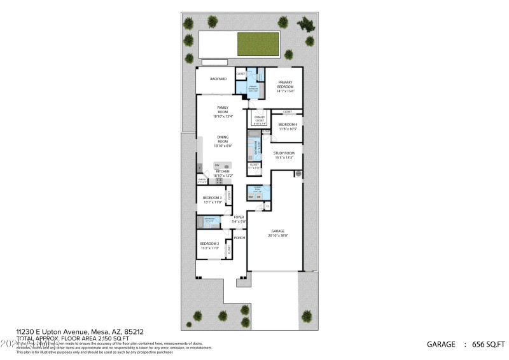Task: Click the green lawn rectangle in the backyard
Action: tap(260, 43)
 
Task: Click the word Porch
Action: tap(239, 238)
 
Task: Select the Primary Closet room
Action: tap(260, 120)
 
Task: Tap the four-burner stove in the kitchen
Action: tap(220, 181)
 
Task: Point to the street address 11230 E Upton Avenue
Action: tap(76, 332)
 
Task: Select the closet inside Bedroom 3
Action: tap(229, 197)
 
